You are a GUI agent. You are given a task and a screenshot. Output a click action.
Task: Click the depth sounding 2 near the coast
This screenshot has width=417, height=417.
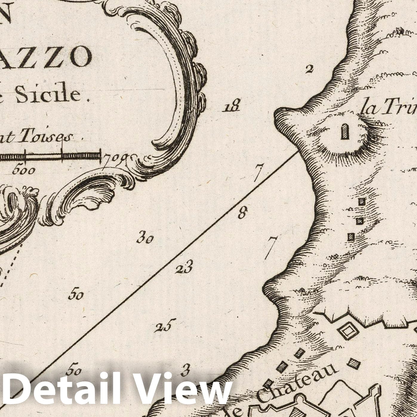point(309,69)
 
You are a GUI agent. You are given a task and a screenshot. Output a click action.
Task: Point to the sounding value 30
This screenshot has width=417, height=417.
point(145,238)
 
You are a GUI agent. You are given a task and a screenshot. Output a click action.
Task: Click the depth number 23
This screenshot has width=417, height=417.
point(184,267)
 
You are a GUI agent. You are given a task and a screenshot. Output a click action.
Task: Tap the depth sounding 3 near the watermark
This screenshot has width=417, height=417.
point(185,370)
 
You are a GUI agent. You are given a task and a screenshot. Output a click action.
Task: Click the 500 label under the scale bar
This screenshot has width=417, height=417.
point(24,170)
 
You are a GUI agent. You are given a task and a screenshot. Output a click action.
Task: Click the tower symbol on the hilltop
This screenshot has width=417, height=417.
point(345,132)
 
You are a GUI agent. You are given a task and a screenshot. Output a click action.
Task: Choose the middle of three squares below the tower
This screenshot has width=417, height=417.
point(360,221)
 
